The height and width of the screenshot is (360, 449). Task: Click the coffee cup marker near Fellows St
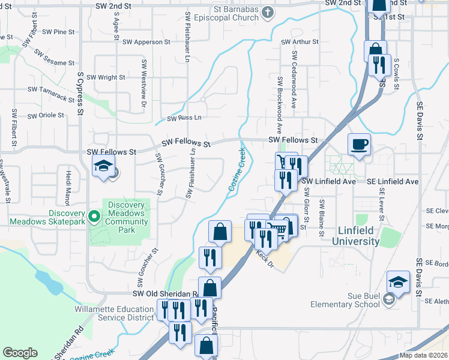(359, 145)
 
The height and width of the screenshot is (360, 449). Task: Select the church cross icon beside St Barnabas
(267, 13)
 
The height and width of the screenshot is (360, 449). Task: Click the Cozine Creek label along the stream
(237, 170)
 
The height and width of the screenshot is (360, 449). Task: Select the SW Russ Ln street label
(184, 118)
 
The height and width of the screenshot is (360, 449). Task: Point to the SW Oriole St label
(46, 115)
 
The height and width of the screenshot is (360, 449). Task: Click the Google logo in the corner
(20, 353)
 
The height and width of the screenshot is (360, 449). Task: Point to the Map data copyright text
(423, 355)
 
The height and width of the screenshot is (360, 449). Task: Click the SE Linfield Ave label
(393, 181)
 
